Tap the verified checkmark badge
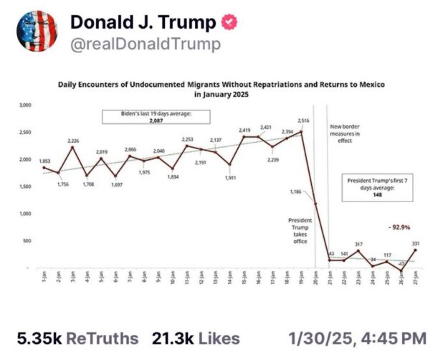[229, 23]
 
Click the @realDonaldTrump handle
[145, 44]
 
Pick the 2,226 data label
[75, 141]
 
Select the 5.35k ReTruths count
[76, 337]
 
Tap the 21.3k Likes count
[195, 337]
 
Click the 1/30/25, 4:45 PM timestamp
[356, 337]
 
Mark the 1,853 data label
[44, 161]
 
